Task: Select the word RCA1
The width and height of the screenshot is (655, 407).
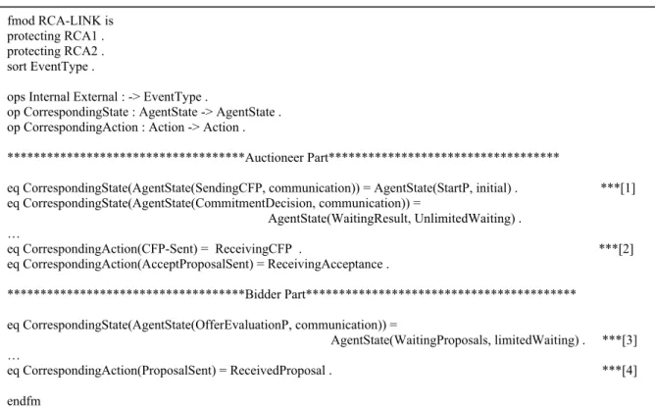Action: tap(80, 36)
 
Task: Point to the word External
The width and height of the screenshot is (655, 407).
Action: tap(96, 97)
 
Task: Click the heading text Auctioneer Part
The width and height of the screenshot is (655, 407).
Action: tap(286, 158)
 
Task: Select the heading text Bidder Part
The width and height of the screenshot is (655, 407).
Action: tap(276, 294)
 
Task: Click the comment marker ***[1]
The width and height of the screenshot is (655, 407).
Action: tap(618, 188)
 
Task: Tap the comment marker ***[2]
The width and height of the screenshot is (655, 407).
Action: tap(616, 249)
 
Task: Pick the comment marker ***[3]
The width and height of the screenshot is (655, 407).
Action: tap(620, 340)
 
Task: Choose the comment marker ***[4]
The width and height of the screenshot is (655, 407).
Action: tap(620, 371)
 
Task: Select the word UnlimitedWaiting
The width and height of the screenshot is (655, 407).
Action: tap(464, 219)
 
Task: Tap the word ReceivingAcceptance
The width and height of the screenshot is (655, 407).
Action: tap(325, 264)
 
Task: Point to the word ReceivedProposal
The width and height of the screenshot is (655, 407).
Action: tap(277, 371)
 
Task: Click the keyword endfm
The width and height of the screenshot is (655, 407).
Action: tap(24, 401)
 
